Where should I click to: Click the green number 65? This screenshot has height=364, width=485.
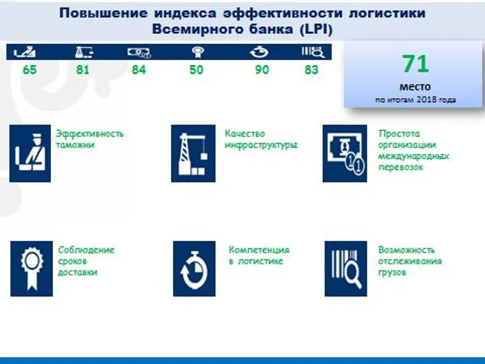[29, 70]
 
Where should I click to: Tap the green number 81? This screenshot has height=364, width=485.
[83, 70]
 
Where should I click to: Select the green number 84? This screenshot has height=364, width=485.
[138, 70]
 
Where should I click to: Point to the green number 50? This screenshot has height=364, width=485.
[196, 70]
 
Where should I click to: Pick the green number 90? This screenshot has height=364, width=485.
[262, 70]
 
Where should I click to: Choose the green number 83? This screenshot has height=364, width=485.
[311, 70]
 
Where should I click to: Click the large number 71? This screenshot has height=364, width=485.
[415, 64]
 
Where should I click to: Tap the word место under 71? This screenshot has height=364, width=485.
[415, 86]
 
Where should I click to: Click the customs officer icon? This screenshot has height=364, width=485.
[30, 153]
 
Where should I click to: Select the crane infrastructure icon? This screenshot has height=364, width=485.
[193, 153]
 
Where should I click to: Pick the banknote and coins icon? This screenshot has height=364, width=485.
[345, 153]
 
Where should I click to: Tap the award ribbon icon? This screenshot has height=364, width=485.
[31, 268]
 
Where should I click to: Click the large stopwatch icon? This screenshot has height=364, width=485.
[194, 269]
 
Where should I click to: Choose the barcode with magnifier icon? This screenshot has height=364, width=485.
[345, 269]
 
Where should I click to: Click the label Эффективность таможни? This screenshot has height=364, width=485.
[89, 139]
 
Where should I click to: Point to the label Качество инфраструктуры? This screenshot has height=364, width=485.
[261, 139]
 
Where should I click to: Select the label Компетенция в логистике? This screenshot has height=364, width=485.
[258, 255]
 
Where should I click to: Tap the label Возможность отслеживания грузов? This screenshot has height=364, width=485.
[410, 261]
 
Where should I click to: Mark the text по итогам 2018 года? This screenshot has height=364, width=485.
[415, 100]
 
